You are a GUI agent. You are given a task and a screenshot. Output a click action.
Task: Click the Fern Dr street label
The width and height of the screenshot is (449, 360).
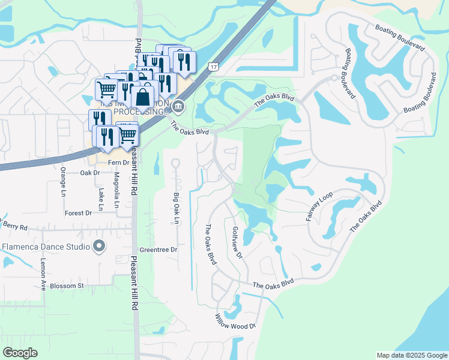118,163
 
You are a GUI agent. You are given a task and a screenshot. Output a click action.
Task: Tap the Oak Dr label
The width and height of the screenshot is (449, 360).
89,173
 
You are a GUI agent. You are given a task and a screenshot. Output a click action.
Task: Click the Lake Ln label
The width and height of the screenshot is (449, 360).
101,200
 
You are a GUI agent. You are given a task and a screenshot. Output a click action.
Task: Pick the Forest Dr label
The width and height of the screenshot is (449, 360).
78,213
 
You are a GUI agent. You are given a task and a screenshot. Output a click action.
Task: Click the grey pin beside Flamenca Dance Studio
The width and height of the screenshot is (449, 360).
100,246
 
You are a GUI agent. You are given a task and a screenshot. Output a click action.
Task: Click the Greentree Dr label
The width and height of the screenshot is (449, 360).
158,250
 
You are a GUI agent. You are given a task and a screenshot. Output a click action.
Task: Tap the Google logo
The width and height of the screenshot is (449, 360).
20,353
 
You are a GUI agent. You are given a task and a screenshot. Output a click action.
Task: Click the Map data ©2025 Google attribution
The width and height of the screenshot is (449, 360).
411,355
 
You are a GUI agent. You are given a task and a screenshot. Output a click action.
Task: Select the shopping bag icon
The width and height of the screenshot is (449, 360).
143,97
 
